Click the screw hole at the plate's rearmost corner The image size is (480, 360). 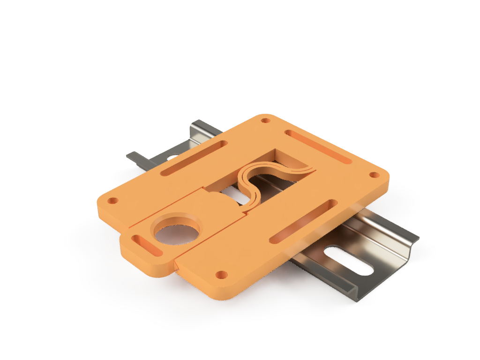tap(266, 120)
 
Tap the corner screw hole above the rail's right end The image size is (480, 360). tap(374, 175)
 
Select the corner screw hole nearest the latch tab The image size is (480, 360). tap(112, 202)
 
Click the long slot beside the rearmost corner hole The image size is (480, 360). tap(319, 147)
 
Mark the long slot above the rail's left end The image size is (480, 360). tap(193, 159)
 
